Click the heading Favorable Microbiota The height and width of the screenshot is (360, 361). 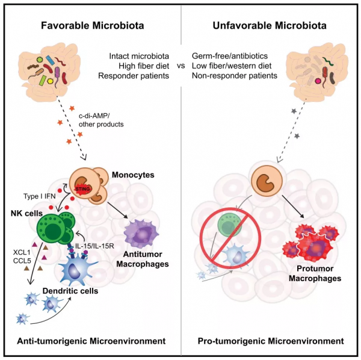(92, 26)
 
